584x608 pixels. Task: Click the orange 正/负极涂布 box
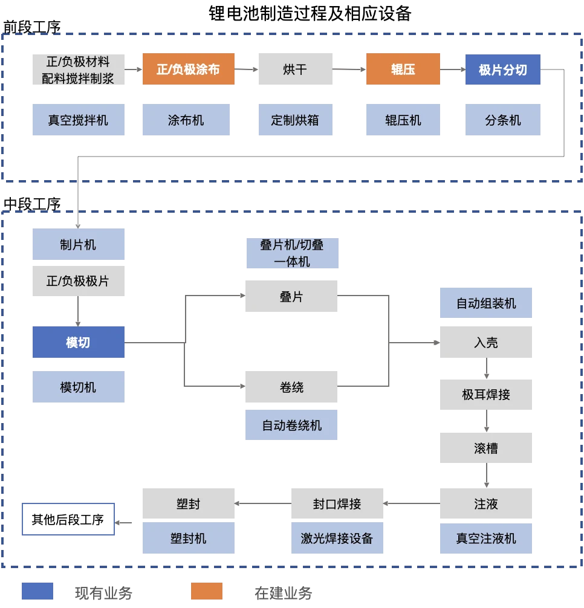point(188,70)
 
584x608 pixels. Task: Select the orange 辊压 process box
point(403,70)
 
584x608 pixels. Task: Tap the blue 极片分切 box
point(502,70)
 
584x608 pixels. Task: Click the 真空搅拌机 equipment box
point(77,120)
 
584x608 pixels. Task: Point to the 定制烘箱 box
point(294,120)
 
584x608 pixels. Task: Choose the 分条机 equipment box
point(502,120)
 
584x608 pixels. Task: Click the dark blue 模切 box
point(77,342)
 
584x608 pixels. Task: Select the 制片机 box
point(77,245)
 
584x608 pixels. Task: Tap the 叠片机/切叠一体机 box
point(292,253)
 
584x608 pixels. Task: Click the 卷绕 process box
point(291,387)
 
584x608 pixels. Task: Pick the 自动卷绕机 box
point(291,425)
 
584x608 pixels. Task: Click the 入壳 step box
point(485,342)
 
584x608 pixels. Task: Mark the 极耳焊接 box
point(485,394)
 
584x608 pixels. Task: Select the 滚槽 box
point(485,448)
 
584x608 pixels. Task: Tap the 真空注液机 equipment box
point(485,538)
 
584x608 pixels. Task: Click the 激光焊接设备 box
point(337,538)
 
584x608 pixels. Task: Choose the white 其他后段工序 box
point(67,519)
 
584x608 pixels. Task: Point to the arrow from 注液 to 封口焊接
point(413,503)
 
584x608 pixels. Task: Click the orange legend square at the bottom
point(205,590)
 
